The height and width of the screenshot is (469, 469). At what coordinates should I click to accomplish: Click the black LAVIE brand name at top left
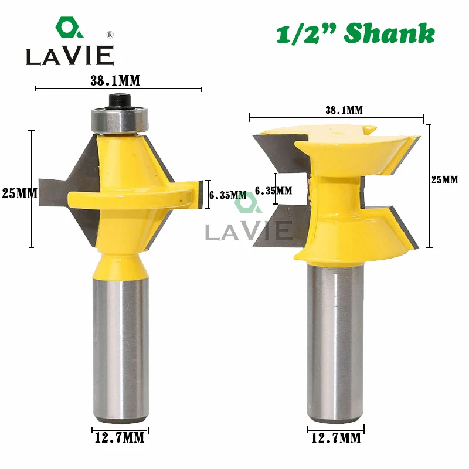coord(69,56)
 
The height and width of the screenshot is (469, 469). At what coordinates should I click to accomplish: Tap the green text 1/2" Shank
coord(355,34)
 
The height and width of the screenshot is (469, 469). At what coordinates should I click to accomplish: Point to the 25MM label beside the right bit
coord(445,180)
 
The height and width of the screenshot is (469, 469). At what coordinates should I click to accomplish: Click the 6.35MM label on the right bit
coord(274,190)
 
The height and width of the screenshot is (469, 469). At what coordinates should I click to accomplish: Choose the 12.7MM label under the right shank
coord(334,437)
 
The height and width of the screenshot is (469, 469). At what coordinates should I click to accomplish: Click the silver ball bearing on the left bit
coord(120,120)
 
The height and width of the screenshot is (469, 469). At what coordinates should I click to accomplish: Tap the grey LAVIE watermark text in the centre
coord(249,230)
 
